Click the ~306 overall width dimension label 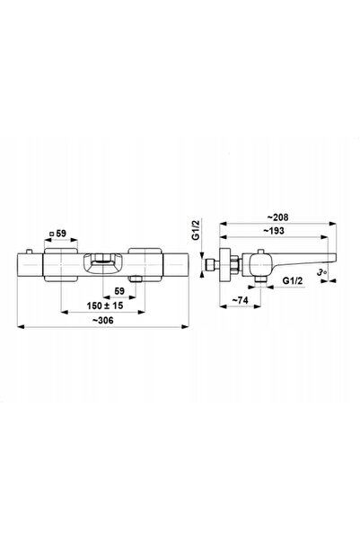pyautogui.click(x=102, y=320)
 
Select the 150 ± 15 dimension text pyautogui.click(x=105, y=305)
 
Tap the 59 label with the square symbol pyautogui.click(x=57, y=234)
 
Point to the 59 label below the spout pyautogui.click(x=119, y=291)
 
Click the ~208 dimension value pyautogui.click(x=277, y=217)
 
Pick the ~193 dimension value pyautogui.click(x=274, y=231)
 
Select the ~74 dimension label pyautogui.click(x=240, y=300)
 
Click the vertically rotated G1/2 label pyautogui.click(x=196, y=230)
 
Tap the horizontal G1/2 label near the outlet pyautogui.click(x=293, y=280)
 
